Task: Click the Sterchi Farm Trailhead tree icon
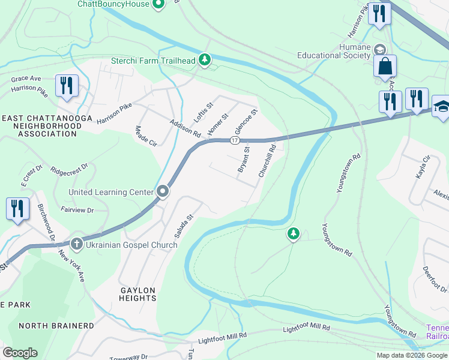205,59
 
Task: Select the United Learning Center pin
163,192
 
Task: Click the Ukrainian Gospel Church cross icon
76,244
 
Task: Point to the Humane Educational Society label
334,51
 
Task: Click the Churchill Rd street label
267,161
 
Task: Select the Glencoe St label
246,122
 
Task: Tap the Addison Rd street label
185,127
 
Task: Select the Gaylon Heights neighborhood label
138,295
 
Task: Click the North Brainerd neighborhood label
56,326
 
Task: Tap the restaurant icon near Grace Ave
67,85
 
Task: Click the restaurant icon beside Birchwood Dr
17,208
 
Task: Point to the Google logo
20,352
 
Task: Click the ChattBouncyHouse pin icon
158,5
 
